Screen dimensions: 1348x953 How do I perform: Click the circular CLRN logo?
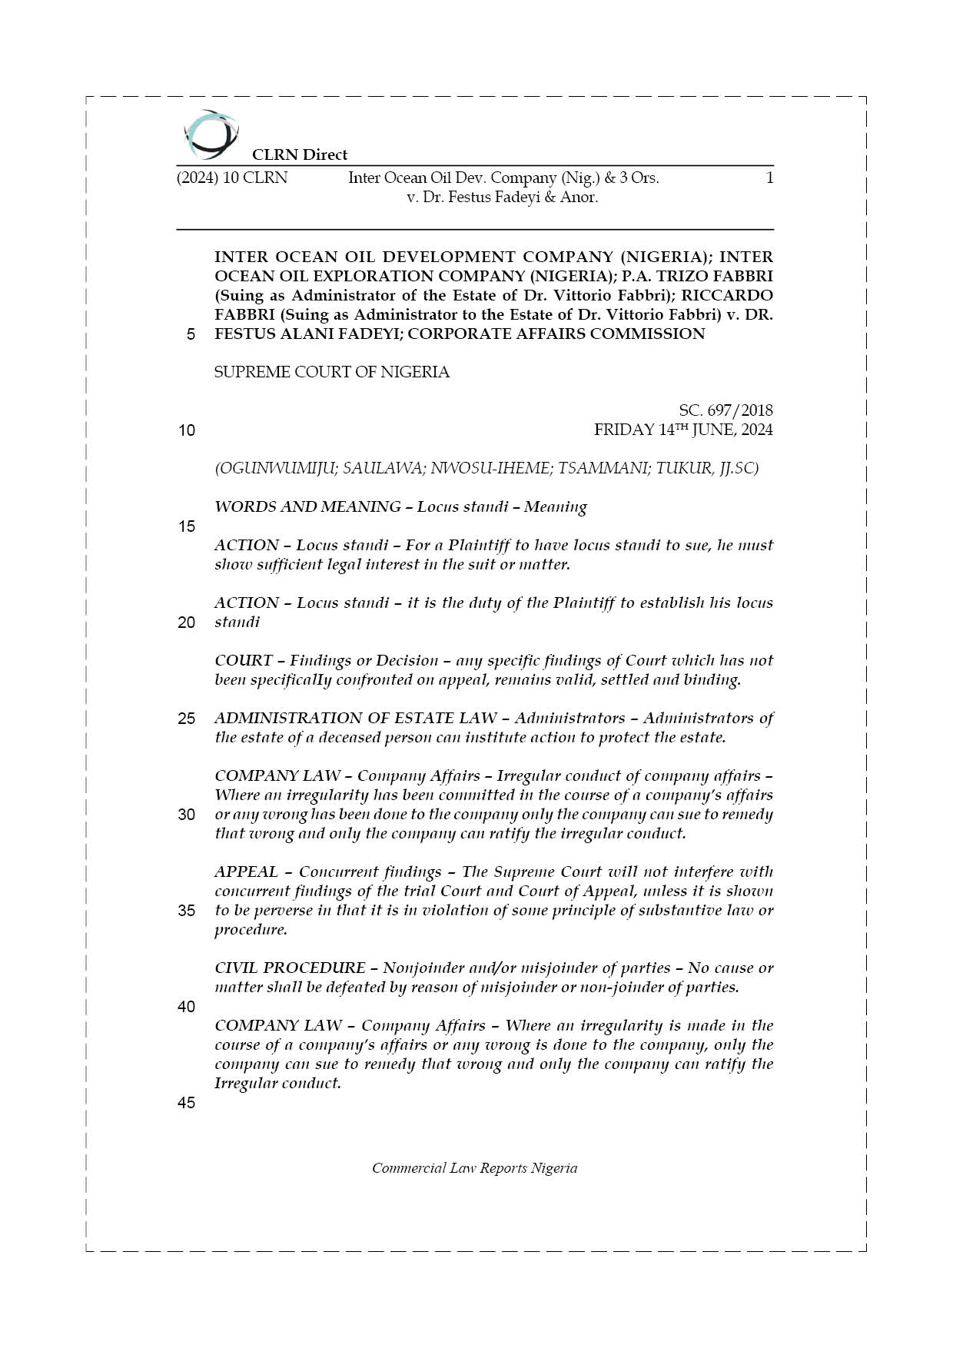pos(211,134)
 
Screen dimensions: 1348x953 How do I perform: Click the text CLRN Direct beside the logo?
pos(300,154)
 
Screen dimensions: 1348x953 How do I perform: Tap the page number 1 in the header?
pos(769,178)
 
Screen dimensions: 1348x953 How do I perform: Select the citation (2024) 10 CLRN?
pos(232,178)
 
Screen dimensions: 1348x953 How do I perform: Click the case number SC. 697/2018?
pos(726,410)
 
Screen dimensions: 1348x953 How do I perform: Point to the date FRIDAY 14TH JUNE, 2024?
pos(683,430)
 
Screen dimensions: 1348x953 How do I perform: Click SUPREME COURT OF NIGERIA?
pos(332,372)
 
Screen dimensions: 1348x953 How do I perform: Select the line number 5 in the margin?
pos(190,334)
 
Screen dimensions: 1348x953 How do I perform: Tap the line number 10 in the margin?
pos(187,430)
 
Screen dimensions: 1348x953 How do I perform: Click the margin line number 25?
pos(187,719)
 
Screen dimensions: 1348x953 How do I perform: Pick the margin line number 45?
pos(187,1103)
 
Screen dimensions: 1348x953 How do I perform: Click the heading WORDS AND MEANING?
pos(307,507)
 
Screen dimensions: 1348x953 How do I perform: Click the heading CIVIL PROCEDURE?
pos(290,968)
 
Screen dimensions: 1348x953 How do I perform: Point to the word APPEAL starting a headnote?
pos(246,872)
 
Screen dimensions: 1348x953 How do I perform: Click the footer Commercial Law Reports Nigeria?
pos(475,1168)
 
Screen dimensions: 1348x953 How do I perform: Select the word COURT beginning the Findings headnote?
pos(244,661)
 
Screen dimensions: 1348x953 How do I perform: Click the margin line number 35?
pos(187,911)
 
